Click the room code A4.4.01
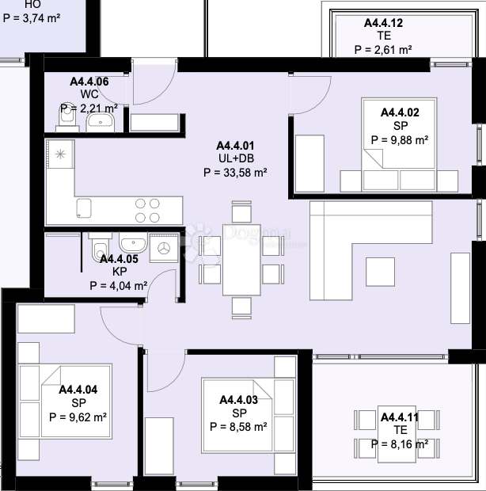(235, 146)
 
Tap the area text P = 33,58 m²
(235, 173)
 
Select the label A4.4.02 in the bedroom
(400, 112)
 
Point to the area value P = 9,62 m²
(78, 417)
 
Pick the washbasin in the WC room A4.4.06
(101, 122)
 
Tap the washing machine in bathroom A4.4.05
(164, 248)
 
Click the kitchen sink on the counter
(84, 208)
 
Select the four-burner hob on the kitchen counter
(147, 211)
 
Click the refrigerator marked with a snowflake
(60, 154)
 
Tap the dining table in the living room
(241, 260)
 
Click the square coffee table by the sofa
(380, 272)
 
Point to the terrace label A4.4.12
(383, 23)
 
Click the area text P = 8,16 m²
(400, 444)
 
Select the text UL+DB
(236, 158)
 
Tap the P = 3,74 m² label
(32, 18)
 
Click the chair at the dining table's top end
(241, 211)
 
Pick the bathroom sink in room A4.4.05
(133, 243)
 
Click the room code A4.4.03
(239, 400)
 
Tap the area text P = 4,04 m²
(118, 286)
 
